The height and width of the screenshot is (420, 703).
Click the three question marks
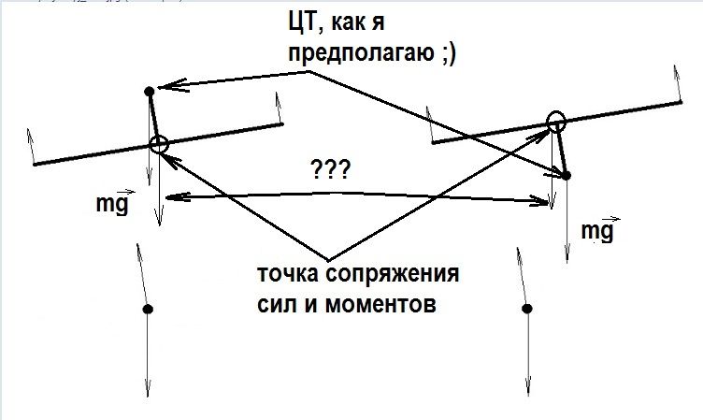tap(330, 169)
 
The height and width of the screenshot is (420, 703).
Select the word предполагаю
tap(361, 53)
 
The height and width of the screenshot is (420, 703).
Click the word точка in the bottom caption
tap(287, 273)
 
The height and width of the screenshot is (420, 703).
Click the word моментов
tap(380, 305)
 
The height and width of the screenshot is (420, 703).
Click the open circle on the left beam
tap(159, 144)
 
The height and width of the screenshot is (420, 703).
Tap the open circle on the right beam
tap(556, 121)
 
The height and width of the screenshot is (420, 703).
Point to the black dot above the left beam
tap(150, 92)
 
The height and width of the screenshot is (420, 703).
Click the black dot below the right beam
tap(567, 176)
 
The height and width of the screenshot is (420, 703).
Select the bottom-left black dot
tap(148, 310)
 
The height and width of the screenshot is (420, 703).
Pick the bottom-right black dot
tap(527, 309)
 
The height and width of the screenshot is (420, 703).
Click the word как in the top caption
tap(349, 23)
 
